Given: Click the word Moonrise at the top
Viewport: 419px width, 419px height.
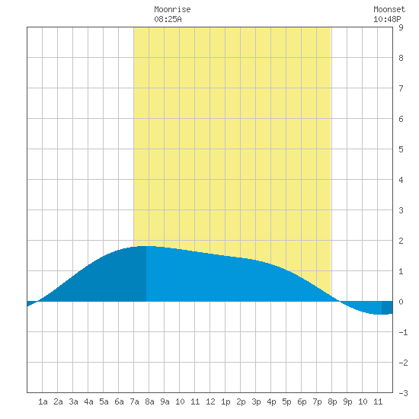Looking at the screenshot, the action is (x=172, y=9).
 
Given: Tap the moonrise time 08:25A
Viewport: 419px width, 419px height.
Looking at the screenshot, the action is (x=168, y=19).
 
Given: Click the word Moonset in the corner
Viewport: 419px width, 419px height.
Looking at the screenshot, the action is (x=389, y=9).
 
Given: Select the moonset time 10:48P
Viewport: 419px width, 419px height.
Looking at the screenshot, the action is (x=387, y=19).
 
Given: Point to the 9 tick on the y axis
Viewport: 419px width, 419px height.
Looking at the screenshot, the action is (x=401, y=27).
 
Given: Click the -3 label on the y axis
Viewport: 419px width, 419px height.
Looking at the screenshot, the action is (x=403, y=393).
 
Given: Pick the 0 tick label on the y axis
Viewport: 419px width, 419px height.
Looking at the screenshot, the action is (x=401, y=302).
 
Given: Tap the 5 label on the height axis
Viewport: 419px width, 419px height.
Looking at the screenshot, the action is (x=401, y=149).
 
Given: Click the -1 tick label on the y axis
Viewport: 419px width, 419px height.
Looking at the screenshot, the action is (x=403, y=332).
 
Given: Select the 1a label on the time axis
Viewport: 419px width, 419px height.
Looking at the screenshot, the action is (x=43, y=401).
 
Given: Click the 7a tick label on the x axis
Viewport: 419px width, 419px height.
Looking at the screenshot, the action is (x=134, y=401).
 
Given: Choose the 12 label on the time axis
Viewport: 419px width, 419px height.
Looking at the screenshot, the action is (x=210, y=401).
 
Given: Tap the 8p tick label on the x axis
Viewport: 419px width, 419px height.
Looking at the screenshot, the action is (x=332, y=401).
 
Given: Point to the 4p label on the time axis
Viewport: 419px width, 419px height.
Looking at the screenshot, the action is (x=271, y=401).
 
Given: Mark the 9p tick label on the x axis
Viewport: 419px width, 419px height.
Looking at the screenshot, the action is (x=347, y=401).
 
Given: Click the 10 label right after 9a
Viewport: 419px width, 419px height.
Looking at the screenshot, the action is (x=180, y=401).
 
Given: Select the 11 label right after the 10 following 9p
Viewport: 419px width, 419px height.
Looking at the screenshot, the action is (x=378, y=401).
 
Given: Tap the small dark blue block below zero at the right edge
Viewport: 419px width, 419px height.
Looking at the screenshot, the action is (x=387, y=308).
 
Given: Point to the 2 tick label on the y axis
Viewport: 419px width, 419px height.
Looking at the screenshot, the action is (x=401, y=241).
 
